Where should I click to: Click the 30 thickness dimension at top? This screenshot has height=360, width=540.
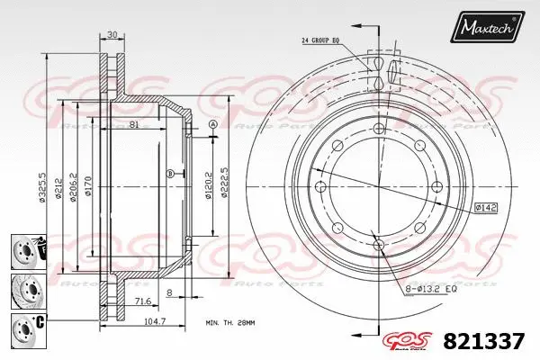[x=112, y=36]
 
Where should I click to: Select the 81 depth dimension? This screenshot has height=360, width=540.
[x=132, y=125]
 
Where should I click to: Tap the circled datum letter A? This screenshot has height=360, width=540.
[x=212, y=124]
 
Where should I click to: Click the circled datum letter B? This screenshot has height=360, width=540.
[x=169, y=173]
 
